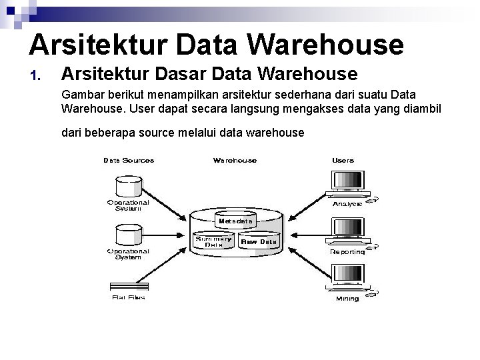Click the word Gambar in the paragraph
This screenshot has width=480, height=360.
(x=81, y=94)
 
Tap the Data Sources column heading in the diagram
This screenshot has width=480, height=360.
(x=129, y=160)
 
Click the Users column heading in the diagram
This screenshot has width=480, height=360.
(x=343, y=160)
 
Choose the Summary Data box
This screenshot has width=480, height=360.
(x=213, y=241)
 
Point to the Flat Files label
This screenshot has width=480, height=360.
(x=128, y=297)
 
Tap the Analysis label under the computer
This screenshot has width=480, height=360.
(x=347, y=203)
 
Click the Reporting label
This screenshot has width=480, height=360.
(x=347, y=252)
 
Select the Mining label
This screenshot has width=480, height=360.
(x=347, y=299)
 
